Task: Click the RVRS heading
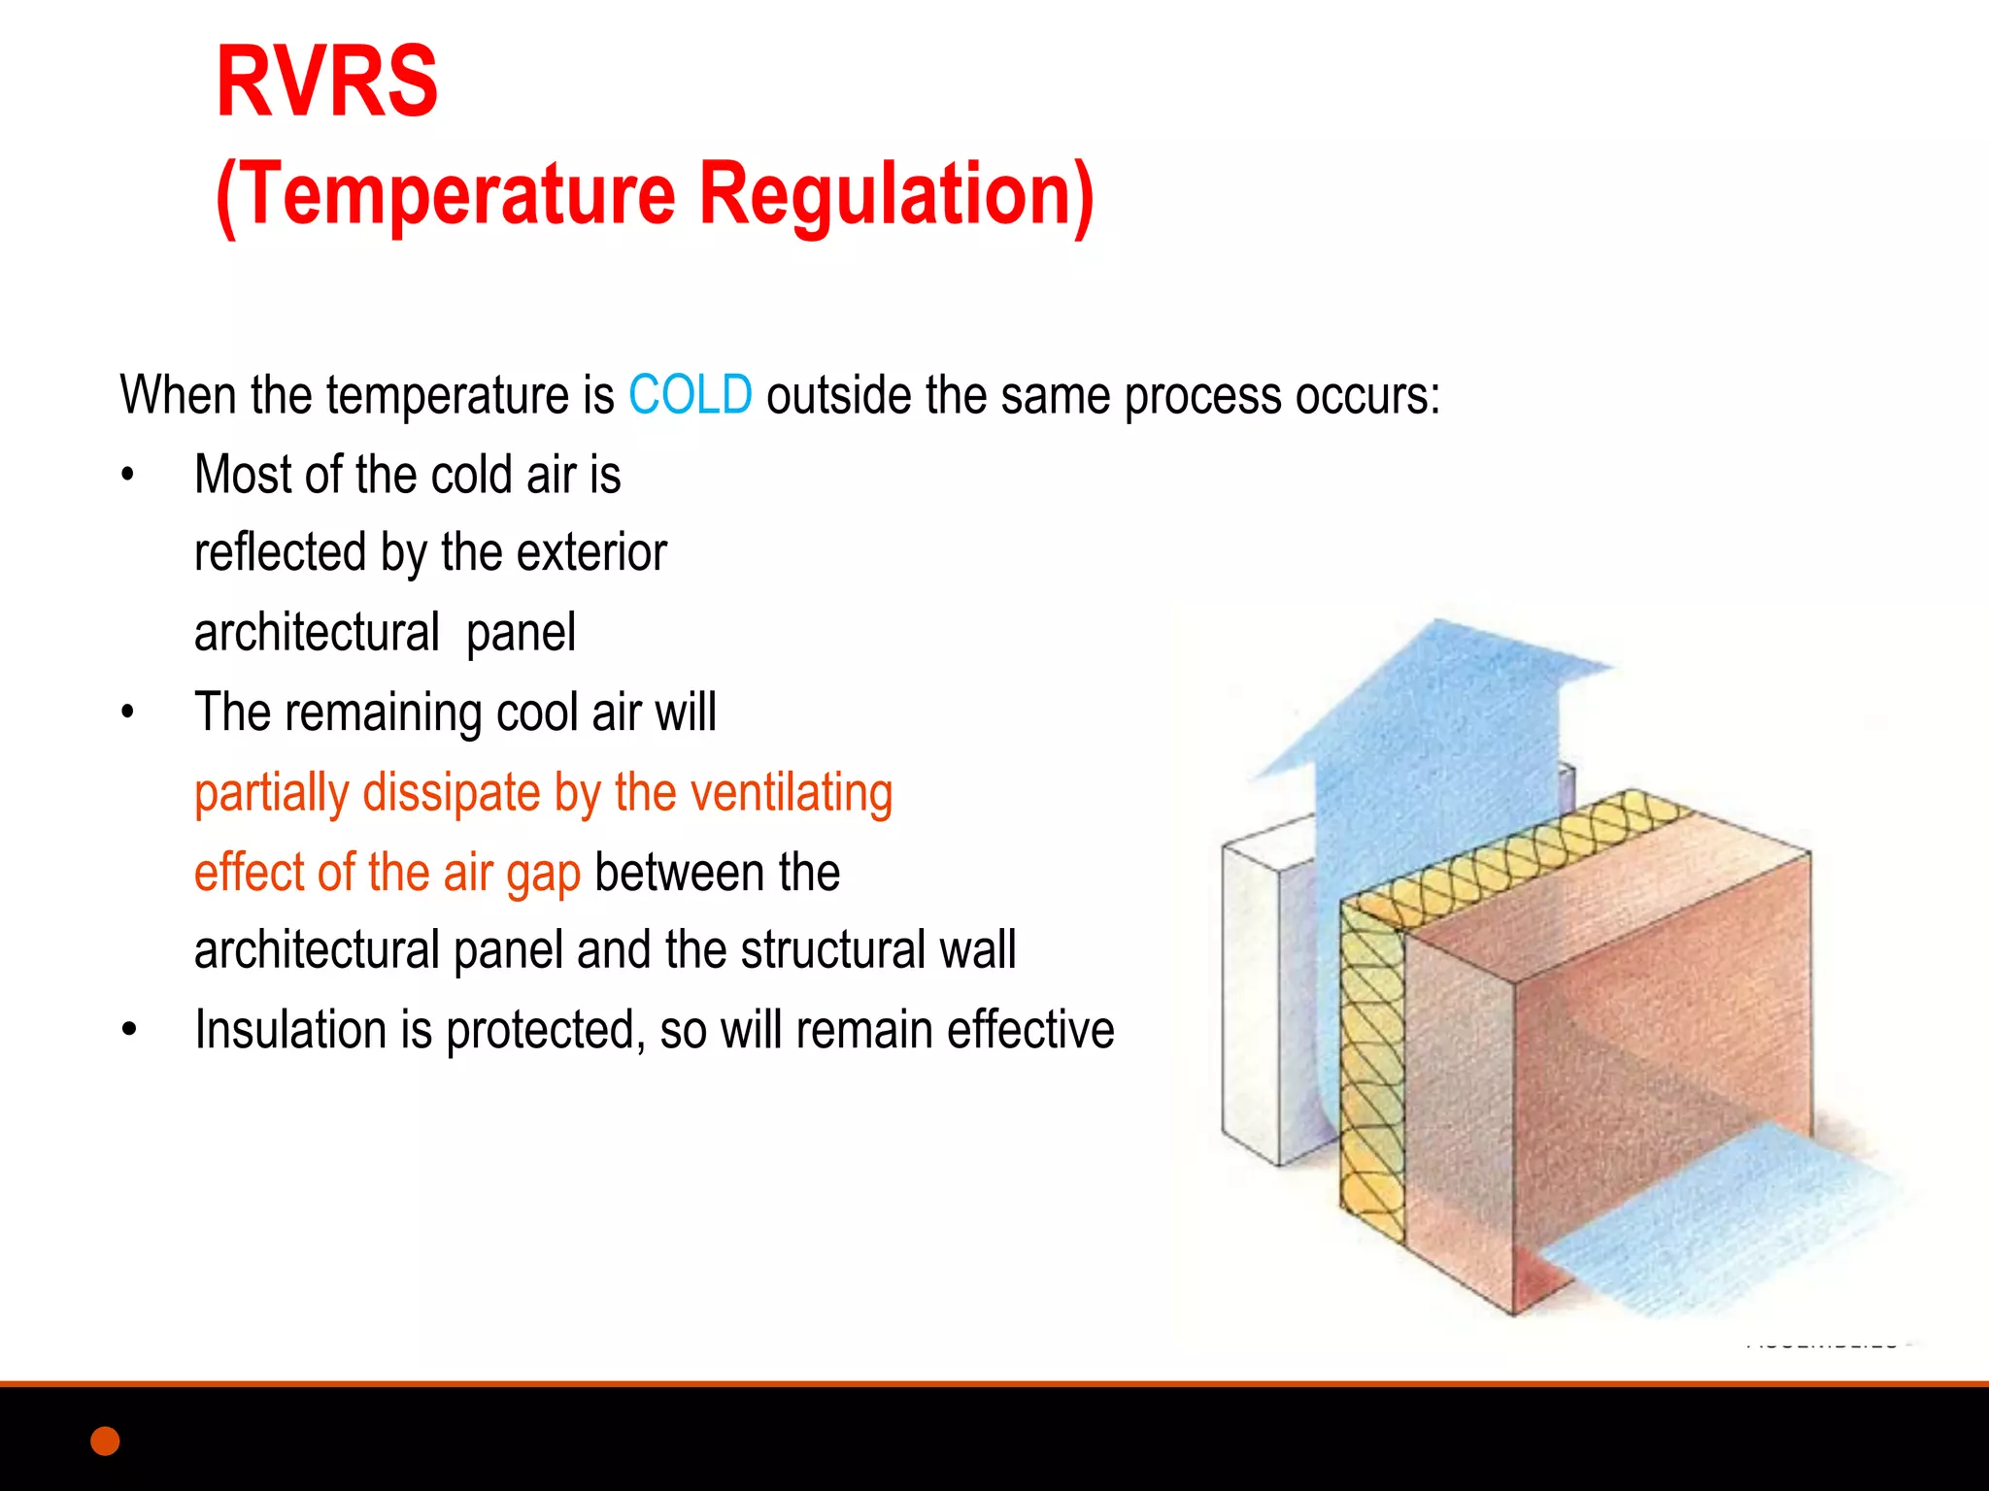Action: [326, 83]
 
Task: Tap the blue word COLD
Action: [690, 395]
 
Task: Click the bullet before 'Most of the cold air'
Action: [128, 476]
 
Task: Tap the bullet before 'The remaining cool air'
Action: [128, 713]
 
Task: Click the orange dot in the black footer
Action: [105, 1441]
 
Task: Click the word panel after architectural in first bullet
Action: [521, 633]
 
